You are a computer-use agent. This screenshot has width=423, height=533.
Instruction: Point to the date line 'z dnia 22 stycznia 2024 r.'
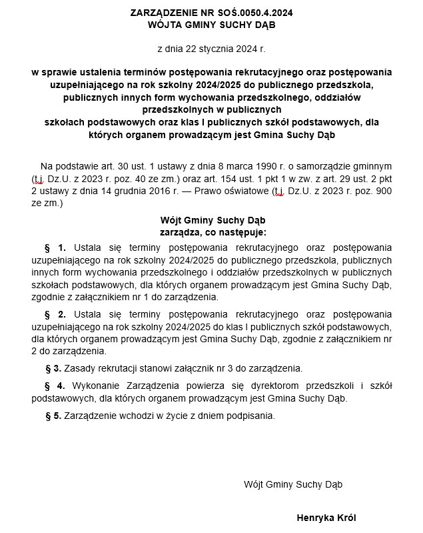(211, 49)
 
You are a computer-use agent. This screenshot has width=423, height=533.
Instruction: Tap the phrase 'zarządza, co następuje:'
(212, 232)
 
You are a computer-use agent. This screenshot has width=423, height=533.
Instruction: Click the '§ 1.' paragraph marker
(55, 247)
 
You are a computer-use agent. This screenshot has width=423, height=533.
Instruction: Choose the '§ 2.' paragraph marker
(55, 314)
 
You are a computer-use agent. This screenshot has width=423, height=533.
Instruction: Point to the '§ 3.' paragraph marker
(53, 368)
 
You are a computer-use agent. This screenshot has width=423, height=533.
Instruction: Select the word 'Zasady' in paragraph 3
(82, 368)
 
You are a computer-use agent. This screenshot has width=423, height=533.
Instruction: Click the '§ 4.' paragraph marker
(55, 386)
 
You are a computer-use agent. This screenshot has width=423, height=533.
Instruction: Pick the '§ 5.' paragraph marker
(53, 416)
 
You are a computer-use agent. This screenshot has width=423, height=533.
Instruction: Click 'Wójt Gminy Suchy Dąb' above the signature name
(293, 484)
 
